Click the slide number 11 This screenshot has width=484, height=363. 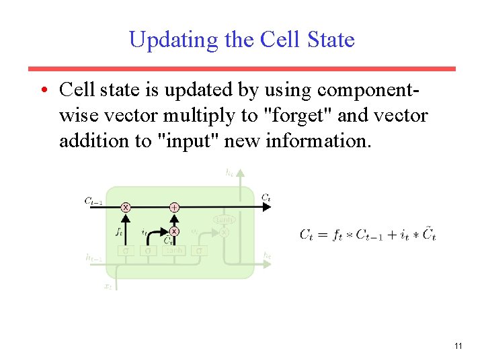coord(458,346)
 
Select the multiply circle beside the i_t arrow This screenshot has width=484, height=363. coord(174,231)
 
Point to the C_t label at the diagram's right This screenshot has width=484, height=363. coord(266,198)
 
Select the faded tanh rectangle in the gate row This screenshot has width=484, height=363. coord(173,251)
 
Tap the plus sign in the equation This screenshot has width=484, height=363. coord(391,235)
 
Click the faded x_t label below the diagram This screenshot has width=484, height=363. coord(108,286)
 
